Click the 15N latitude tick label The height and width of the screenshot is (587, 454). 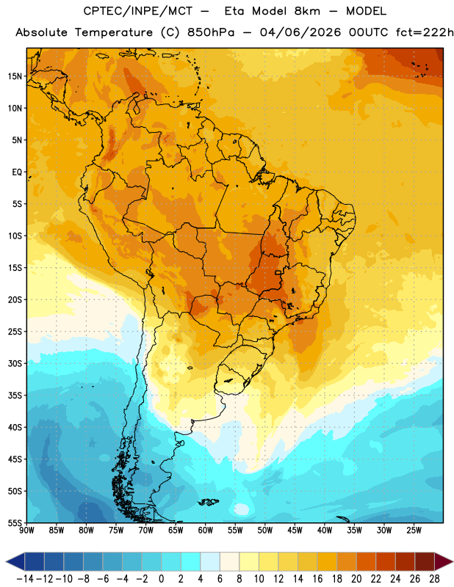coord(15,76)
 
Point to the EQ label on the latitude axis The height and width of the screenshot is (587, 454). coord(17,172)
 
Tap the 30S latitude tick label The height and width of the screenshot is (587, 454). coord(15,363)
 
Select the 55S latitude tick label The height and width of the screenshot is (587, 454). coord(15,522)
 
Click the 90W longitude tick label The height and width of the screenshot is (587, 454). coord(26,531)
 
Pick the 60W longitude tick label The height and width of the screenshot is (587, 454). coord(206,531)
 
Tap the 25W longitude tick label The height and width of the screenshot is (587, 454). coord(414,531)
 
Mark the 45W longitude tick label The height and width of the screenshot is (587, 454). coord(295,531)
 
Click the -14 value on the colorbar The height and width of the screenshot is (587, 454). coord(25,579)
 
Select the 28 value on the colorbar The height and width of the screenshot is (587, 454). coord(434,579)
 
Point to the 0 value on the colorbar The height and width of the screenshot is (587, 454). coord(162,579)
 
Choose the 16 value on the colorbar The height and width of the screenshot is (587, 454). coord(317,579)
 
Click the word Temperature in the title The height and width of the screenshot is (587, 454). coord(114,32)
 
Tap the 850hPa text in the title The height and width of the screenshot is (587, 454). coord(211,32)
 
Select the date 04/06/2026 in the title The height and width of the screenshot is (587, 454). coord(300,32)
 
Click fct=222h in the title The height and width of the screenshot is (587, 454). coord(425,32)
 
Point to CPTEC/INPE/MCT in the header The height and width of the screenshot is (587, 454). coord(138,11)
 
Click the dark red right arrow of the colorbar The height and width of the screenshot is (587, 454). coord(443,561)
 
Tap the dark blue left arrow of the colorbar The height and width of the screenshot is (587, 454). coord(15,561)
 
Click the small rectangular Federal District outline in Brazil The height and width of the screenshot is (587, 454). coord(278,272)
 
